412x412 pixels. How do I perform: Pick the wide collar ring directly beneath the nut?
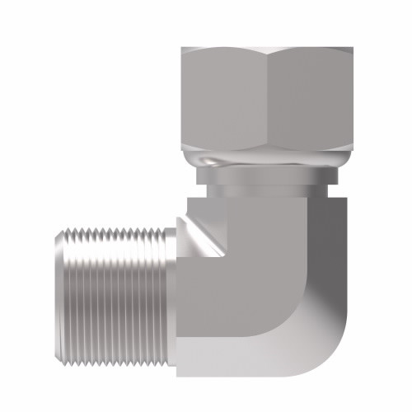[x=268, y=176]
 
